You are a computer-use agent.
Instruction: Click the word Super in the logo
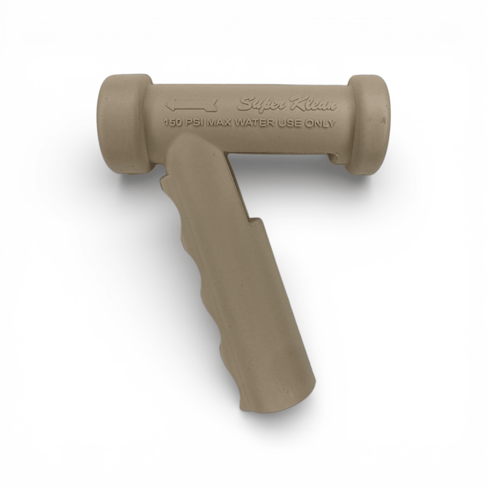(261, 104)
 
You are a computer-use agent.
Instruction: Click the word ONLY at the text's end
(322, 123)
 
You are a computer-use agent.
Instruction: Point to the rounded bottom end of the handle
(277, 400)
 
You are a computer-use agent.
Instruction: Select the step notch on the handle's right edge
(254, 220)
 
